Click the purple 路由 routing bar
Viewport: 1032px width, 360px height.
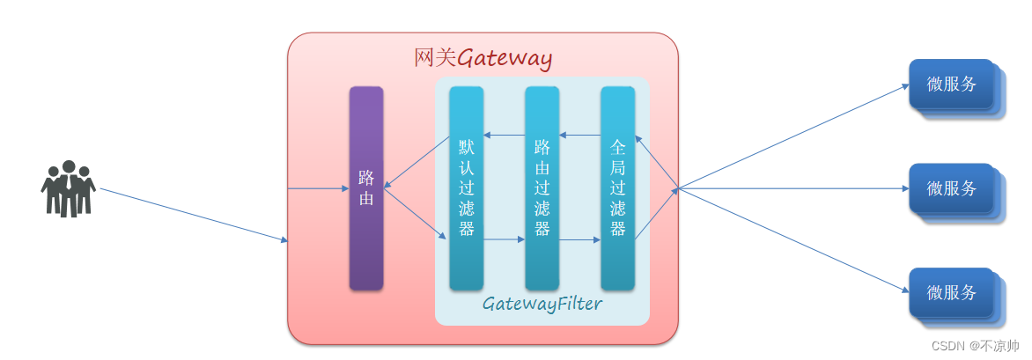pyautogui.click(x=366, y=187)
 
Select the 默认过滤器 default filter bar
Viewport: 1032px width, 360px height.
pyautogui.click(x=466, y=187)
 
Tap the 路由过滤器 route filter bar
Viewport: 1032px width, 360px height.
pyautogui.click(x=542, y=187)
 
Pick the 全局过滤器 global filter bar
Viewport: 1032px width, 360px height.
pyautogui.click(x=617, y=187)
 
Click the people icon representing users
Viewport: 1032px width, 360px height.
pyautogui.click(x=68, y=188)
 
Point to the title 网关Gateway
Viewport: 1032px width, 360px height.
pyautogui.click(x=483, y=58)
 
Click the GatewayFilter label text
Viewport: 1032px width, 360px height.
pyautogui.click(x=542, y=305)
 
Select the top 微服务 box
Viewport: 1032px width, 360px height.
pyautogui.click(x=953, y=84)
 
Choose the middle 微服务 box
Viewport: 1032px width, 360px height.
pyautogui.click(x=953, y=188)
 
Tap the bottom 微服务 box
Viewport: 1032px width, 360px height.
pyautogui.click(x=953, y=292)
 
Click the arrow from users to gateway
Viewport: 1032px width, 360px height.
pyautogui.click(x=194, y=214)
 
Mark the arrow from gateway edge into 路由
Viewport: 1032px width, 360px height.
pyautogui.click(x=318, y=188)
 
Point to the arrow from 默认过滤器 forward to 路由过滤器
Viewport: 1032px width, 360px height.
pyautogui.click(x=504, y=239)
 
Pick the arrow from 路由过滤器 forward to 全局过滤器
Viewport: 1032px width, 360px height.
pyautogui.click(x=579, y=239)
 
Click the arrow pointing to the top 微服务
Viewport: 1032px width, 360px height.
pyautogui.click(x=792, y=136)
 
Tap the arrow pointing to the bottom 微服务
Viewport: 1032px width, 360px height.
pyautogui.click(x=792, y=240)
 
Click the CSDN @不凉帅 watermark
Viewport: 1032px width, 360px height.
pyautogui.click(x=975, y=346)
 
